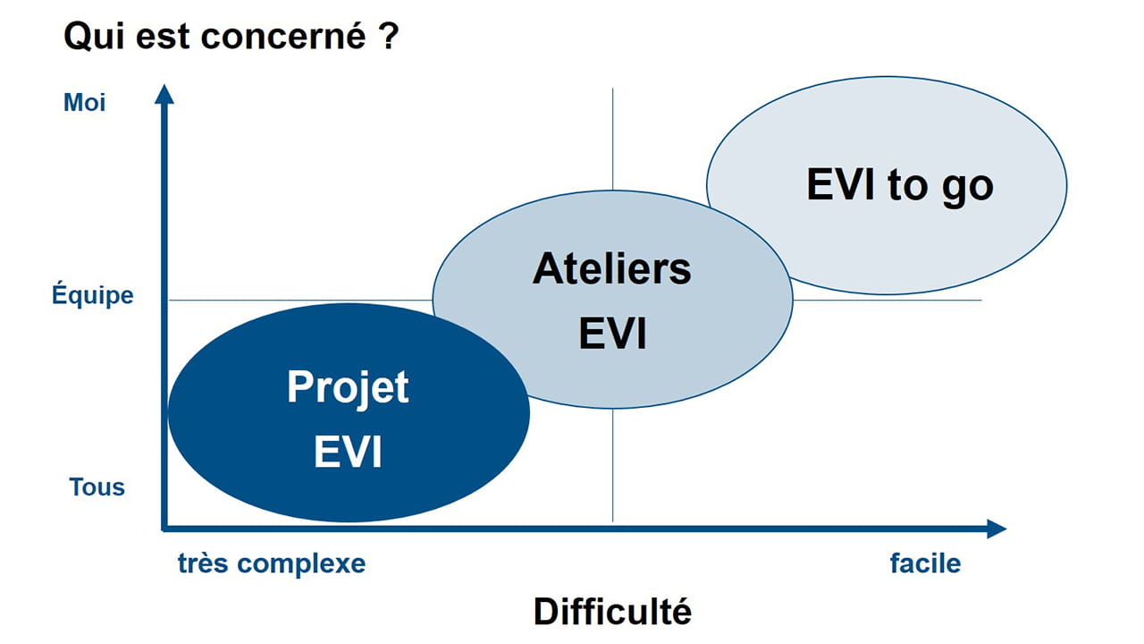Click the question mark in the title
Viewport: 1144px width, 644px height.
[386, 38]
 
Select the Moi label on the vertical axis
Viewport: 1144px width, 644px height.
[85, 103]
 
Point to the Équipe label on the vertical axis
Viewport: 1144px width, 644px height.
[92, 295]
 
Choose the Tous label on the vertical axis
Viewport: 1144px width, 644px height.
[97, 487]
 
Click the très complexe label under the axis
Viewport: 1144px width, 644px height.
[272, 563]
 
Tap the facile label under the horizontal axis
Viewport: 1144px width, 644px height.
[925, 563]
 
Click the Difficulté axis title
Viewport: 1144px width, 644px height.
[612, 612]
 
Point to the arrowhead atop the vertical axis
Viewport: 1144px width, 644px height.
[164, 93]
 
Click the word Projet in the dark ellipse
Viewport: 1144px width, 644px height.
[348, 388]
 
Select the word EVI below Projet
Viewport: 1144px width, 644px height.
[348, 452]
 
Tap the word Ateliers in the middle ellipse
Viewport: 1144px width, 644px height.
[611, 268]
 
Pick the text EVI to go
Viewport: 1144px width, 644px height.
[899, 185]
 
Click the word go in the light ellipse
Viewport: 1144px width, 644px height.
[968, 187]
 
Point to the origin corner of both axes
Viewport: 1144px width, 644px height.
[164, 529]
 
